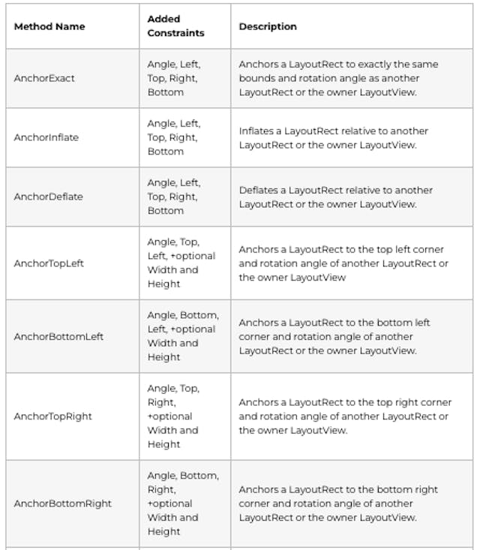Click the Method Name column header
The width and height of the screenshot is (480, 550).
click(49, 26)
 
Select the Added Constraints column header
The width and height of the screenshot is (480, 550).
click(175, 26)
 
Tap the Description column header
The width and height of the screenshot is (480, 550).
click(268, 26)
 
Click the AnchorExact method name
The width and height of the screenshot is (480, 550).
click(44, 78)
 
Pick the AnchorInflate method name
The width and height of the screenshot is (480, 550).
click(46, 137)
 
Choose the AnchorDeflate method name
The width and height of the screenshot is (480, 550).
click(48, 197)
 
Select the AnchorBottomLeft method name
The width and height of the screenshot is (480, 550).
click(58, 336)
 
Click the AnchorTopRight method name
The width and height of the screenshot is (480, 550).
click(52, 416)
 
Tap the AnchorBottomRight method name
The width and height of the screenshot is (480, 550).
click(62, 503)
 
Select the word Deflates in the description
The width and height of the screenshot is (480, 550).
click(258, 190)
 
